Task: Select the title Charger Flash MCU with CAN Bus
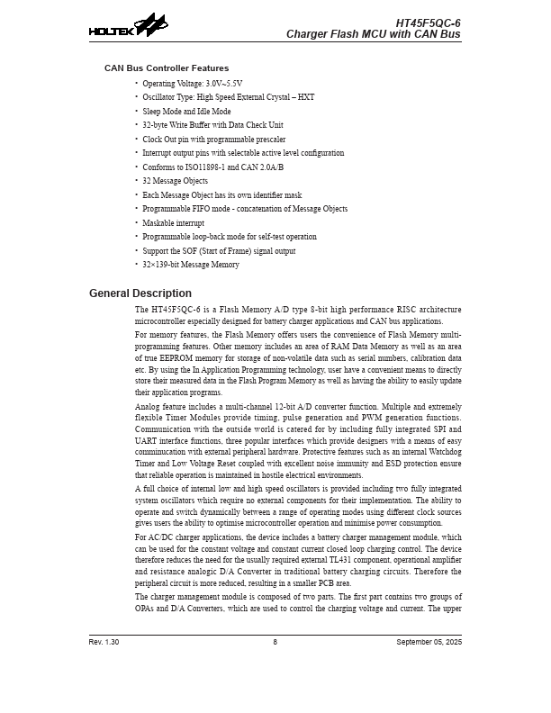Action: (x=373, y=34)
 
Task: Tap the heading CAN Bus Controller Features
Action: (x=167, y=68)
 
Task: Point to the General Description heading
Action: (x=140, y=293)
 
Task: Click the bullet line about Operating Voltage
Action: (x=192, y=83)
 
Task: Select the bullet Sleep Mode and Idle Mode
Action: (x=186, y=111)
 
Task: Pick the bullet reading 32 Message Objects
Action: (x=175, y=181)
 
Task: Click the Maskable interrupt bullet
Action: (x=173, y=222)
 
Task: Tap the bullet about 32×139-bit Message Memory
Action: (x=191, y=265)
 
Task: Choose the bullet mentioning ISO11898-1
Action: (x=212, y=167)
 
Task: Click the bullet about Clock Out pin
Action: (x=213, y=139)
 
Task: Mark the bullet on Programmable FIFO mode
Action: (x=245, y=209)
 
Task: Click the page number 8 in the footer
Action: (x=275, y=642)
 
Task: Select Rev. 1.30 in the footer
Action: (x=104, y=642)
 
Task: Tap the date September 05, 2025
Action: (x=429, y=642)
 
